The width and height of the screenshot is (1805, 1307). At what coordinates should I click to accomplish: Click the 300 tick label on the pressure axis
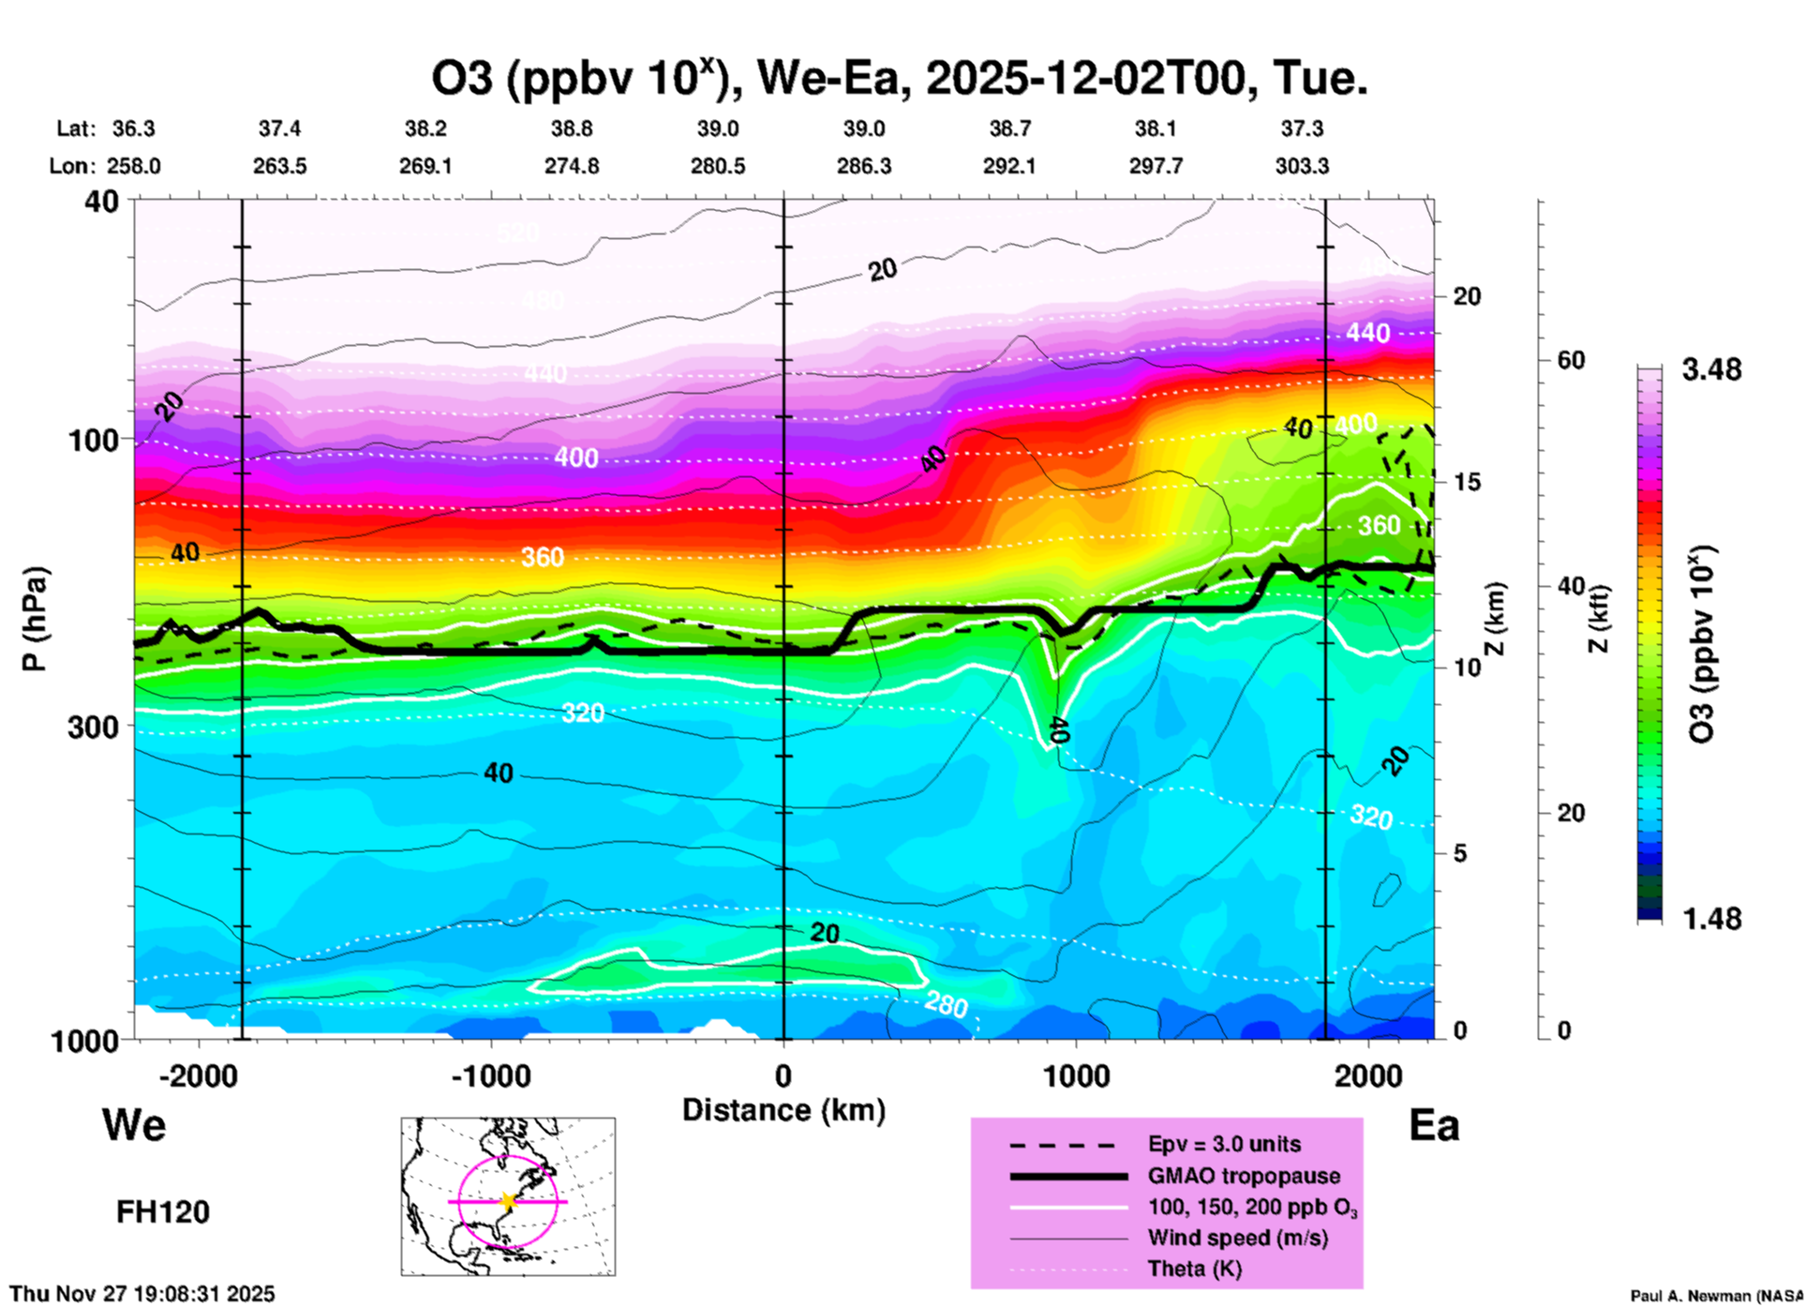click(94, 727)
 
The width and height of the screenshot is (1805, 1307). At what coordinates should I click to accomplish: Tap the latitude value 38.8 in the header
click(571, 128)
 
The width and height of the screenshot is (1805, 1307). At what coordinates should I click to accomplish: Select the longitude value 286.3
click(863, 166)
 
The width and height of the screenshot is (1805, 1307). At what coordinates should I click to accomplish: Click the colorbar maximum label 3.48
click(1711, 369)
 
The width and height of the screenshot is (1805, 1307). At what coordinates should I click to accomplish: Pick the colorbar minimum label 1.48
click(1711, 919)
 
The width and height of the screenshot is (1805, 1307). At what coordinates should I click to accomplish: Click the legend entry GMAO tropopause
click(1244, 1176)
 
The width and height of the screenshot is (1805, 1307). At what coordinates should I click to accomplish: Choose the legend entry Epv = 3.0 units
click(1224, 1144)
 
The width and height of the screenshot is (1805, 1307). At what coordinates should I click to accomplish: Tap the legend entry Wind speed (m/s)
click(1237, 1238)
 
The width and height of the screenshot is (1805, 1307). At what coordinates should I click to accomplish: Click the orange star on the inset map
click(508, 1201)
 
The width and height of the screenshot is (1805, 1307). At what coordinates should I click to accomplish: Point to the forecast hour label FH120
click(163, 1212)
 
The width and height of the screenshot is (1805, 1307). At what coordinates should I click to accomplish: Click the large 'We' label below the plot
click(134, 1125)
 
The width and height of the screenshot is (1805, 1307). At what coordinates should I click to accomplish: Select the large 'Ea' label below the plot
click(1434, 1125)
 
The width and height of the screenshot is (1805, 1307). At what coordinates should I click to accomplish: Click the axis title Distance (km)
click(783, 1110)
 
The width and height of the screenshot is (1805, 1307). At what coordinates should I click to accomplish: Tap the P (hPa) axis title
click(35, 619)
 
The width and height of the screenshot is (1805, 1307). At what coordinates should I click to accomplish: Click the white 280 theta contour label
click(946, 1005)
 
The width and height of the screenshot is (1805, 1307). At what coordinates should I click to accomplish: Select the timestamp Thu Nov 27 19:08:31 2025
click(142, 1294)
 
